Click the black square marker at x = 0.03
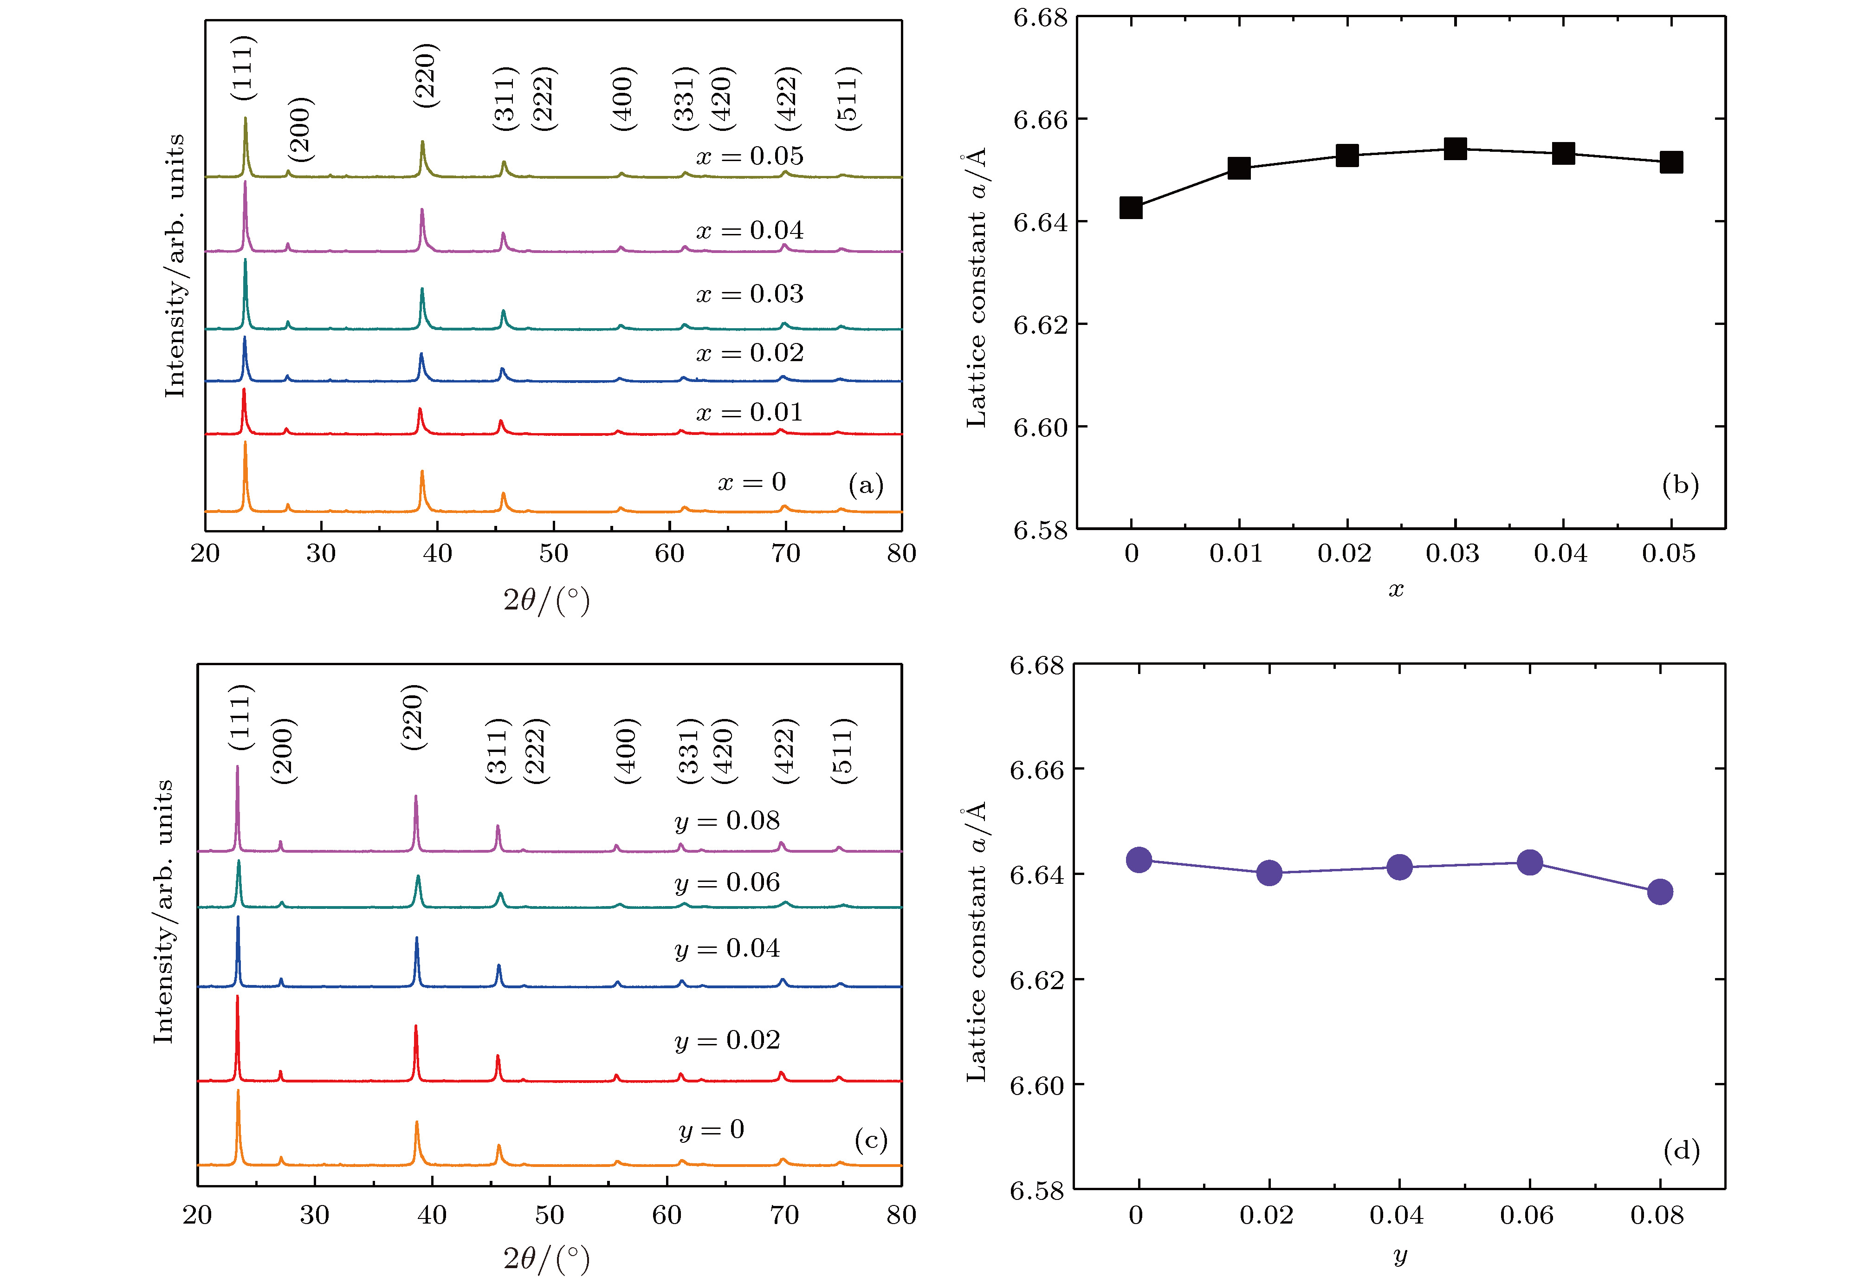[x=1455, y=149]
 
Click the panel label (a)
[x=866, y=485]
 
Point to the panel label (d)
[x=1681, y=1151]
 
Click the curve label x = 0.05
[x=749, y=156]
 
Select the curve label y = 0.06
[x=727, y=883]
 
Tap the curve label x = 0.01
[x=749, y=412]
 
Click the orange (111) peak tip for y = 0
[x=238, y=1091]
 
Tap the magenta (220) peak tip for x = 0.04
[x=422, y=211]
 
